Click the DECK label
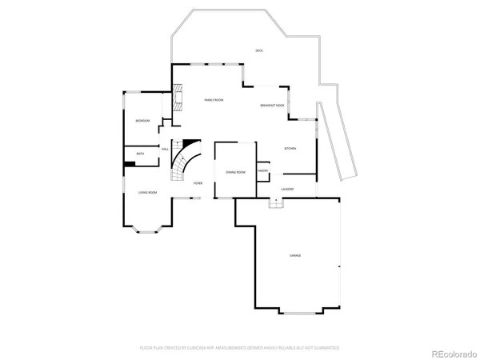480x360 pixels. [x=258, y=50]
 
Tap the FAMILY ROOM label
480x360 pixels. [x=213, y=100]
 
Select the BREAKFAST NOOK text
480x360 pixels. [x=273, y=106]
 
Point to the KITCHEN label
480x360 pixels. [x=290, y=149]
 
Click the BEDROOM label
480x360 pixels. [x=142, y=120]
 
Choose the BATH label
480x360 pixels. [x=140, y=154]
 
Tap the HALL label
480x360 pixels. [x=165, y=149]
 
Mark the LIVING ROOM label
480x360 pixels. [x=147, y=193]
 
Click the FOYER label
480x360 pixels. [x=198, y=183]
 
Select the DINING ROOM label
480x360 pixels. [x=235, y=172]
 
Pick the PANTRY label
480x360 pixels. [x=262, y=170]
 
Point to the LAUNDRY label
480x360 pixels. [x=287, y=190]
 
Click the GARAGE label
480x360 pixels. [x=295, y=255]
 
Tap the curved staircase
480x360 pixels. [x=186, y=158]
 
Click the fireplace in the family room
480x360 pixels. [x=178, y=100]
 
